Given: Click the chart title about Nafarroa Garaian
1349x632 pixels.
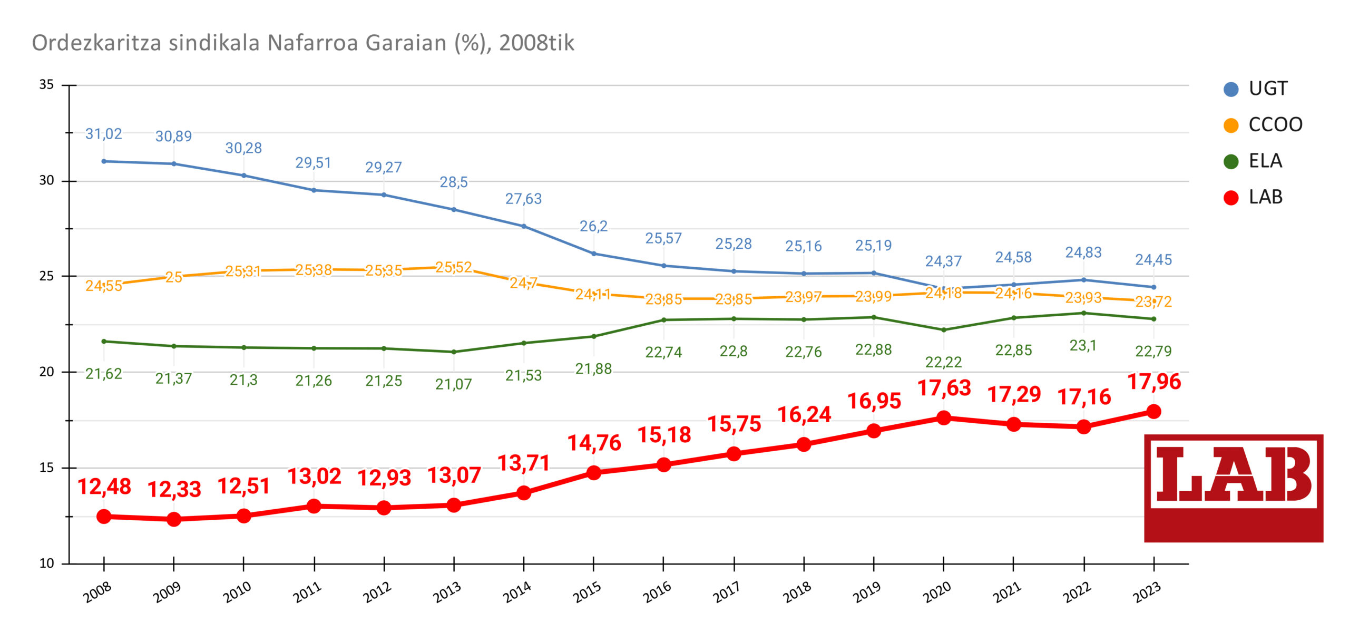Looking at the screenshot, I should tap(303, 43).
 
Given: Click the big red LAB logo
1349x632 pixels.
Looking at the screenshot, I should tap(1233, 488).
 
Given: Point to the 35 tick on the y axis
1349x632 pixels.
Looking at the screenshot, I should tap(47, 85).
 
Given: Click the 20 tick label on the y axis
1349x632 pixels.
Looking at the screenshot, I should tap(47, 372).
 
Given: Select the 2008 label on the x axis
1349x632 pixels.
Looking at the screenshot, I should tap(97, 592).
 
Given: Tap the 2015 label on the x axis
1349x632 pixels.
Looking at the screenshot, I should tap(587, 592).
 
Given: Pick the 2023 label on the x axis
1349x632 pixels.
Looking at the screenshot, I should tap(1147, 592).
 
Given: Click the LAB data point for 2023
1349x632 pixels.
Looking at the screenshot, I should tap(1154, 412).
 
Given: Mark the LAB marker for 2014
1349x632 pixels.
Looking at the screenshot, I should tap(524, 493).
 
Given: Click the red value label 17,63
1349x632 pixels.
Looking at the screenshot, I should tap(944, 388).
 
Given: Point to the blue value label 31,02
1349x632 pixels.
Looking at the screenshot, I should tap(104, 134).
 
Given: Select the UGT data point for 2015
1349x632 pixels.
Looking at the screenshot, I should tap(594, 254).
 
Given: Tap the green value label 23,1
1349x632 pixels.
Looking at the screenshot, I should tap(1083, 346).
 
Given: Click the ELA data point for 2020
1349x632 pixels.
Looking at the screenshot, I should tap(944, 330).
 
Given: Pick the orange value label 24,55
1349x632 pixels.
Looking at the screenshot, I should tap(104, 286).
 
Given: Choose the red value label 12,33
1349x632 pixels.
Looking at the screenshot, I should tap(174, 490).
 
